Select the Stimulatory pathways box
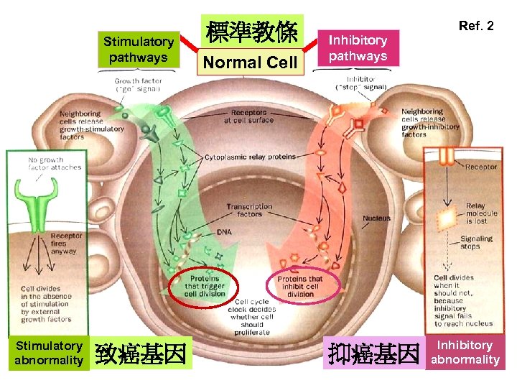[139, 50]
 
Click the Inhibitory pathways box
[358, 48]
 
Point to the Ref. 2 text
[476, 26]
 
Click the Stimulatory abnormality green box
[49, 353]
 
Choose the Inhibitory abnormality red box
[465, 353]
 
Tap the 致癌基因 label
[141, 354]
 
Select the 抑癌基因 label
[373, 354]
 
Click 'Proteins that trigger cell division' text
[204, 286]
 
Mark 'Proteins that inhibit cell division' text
[300, 286]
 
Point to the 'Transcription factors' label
[249, 210]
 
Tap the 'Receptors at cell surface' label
[248, 116]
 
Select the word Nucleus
[376, 218]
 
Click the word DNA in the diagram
[225, 232]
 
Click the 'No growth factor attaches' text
[55, 164]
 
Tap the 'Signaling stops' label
[476, 243]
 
